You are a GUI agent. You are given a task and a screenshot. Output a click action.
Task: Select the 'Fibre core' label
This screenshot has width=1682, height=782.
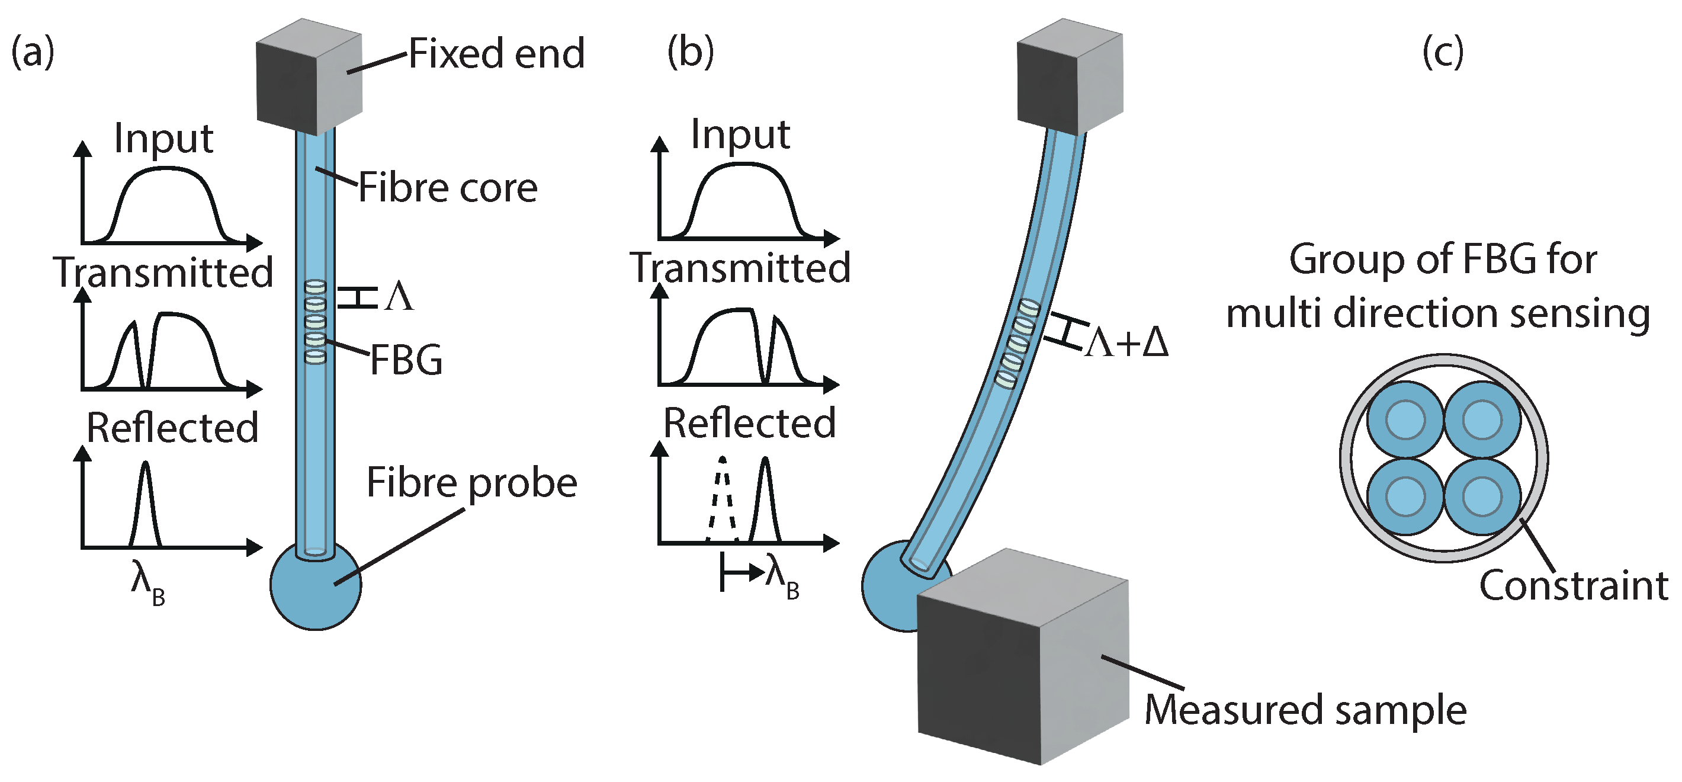pos(448,188)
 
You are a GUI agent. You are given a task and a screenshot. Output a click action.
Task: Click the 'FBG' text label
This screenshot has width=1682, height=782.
pos(406,360)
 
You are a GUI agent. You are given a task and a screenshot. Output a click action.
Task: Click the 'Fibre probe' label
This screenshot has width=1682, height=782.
pos(471,483)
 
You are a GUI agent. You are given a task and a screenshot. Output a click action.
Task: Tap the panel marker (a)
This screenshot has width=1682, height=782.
pos(33,52)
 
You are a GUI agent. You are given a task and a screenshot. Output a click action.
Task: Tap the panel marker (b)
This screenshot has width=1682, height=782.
pos(690,52)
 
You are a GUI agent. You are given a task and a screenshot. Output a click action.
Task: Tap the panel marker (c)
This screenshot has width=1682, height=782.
pos(1442,52)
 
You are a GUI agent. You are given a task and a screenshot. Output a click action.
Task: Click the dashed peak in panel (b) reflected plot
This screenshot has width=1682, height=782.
pos(721,496)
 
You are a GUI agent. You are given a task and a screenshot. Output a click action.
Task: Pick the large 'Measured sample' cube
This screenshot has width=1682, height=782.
pos(1022,660)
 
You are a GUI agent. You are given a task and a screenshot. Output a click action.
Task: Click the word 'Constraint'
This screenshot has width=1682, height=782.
pos(1574,585)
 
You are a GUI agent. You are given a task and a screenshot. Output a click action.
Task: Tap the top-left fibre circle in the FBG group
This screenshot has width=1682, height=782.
pos(1405,419)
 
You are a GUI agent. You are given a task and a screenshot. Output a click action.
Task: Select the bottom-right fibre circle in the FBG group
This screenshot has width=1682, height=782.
pos(1482,496)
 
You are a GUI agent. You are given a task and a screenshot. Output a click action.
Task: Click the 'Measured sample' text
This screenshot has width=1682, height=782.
pos(1306,710)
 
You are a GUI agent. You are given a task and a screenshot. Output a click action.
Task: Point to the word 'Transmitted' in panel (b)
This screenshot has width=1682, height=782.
pos(740,268)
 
